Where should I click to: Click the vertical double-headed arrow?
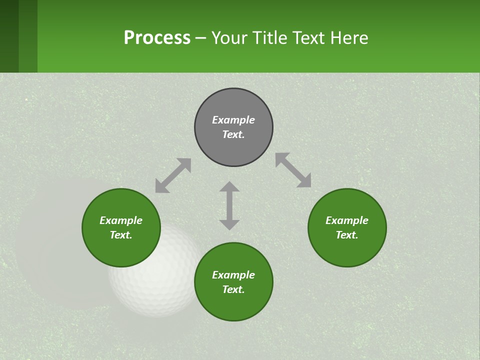click(x=229, y=205)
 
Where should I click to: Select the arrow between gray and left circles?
click(x=173, y=175)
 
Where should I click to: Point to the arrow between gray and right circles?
click(x=293, y=170)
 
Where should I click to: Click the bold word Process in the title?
click(x=157, y=37)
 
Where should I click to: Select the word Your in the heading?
click(x=230, y=37)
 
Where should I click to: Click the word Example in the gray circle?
click(x=233, y=120)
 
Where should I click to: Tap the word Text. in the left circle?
click(x=121, y=235)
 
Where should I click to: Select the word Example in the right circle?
click(x=347, y=220)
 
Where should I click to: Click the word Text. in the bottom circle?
click(x=233, y=289)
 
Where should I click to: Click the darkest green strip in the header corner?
click(x=9, y=36)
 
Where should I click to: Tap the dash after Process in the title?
click(x=200, y=38)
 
